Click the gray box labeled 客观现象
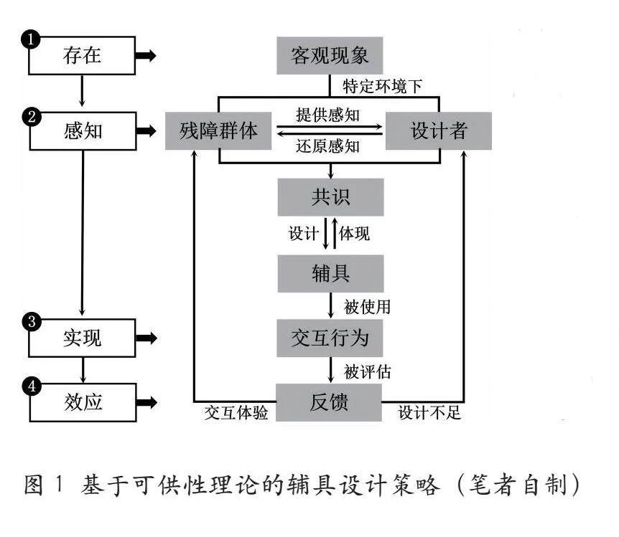coord(330,56)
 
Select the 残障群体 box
coord(218,131)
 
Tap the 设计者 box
coord(439,131)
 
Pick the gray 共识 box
coord(331,197)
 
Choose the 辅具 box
coord(331,274)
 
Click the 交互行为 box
coord(330,338)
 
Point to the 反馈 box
coord(329,402)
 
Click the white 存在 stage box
coord(82,56)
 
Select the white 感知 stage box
coord(83,131)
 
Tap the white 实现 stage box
coord(82,338)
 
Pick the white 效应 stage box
coord(83,402)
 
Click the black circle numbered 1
coord(31,39)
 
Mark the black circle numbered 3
coord(32,321)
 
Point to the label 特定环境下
coord(382,86)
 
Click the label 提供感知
coord(327,115)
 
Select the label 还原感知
coord(327,146)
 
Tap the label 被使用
coord(367,307)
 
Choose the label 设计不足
coord(429,413)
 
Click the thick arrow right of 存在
coord(146,56)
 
